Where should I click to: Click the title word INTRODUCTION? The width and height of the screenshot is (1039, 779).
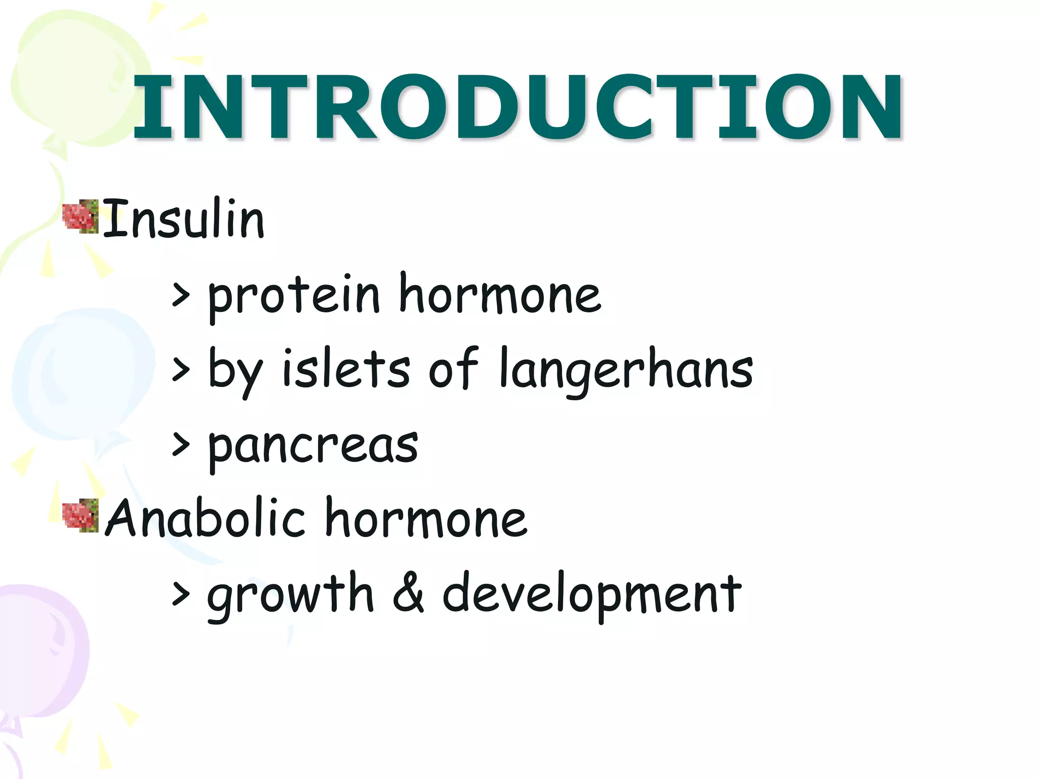pos(517,107)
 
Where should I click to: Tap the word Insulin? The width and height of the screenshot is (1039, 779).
pos(184,219)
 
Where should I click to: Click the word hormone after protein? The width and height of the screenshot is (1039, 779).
pos(500,294)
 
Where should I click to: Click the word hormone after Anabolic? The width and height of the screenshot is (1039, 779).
pos(426,518)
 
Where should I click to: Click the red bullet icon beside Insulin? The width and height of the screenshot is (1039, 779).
pos(80,217)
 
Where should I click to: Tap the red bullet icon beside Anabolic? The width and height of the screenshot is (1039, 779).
pos(80,515)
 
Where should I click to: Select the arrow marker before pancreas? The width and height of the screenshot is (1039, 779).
pos(181,444)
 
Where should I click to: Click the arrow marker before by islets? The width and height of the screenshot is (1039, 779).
pos(181,369)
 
